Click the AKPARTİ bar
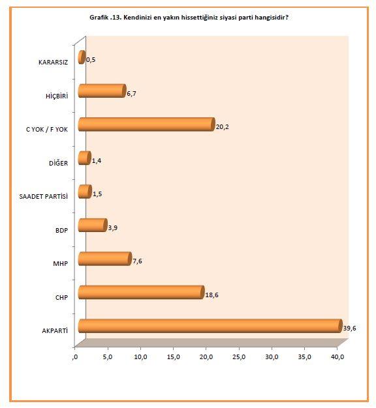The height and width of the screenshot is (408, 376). [209, 325]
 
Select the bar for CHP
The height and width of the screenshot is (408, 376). [141, 292]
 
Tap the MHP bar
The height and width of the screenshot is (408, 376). [104, 258]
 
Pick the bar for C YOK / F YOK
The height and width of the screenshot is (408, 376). [146, 124]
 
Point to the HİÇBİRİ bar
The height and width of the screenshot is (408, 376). [101, 91]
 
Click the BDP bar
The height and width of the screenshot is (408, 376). [92, 225]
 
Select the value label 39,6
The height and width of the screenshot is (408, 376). [350, 328]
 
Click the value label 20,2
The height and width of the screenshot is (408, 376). [223, 127]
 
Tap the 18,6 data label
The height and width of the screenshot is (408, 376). [212, 295]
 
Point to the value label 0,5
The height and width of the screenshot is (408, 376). [91, 60]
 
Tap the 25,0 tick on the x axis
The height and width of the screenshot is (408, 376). [239, 357]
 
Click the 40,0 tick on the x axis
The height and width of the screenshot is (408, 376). [337, 357]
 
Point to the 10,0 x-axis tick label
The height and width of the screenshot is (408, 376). [141, 357]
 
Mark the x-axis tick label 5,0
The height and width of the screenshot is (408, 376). [108, 357]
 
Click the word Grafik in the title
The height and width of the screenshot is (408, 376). [100, 17]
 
